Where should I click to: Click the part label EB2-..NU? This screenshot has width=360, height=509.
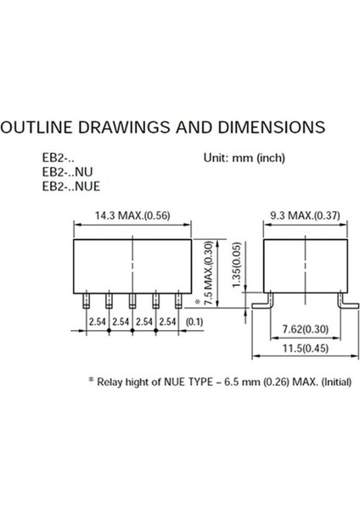tap(70, 171)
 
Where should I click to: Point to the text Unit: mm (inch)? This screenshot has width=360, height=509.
tap(245, 158)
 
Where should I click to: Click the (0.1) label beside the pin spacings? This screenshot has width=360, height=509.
tap(194, 322)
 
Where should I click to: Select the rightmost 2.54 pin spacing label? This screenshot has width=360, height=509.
tap(166, 322)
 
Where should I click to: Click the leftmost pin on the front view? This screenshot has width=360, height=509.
tap(86, 299)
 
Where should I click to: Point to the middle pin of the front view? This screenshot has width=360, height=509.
tap(132, 299)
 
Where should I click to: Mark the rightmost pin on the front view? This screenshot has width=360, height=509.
tap(178, 299)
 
